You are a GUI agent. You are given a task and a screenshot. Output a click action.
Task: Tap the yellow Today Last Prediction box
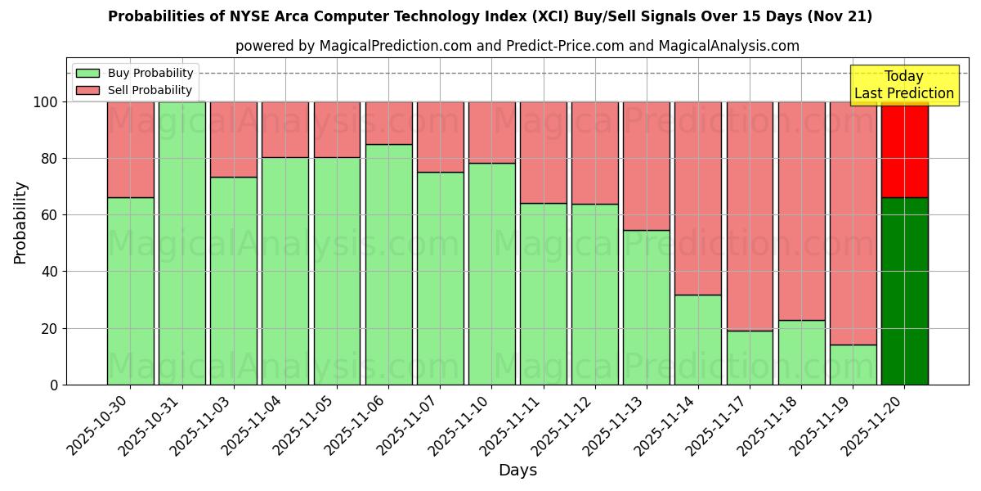coord(903,85)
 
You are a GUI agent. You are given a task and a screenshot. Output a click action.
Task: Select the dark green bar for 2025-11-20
coord(904,291)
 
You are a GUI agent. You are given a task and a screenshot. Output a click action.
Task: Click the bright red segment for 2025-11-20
coord(904,149)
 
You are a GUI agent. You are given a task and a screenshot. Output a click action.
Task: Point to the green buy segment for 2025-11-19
coord(853,364)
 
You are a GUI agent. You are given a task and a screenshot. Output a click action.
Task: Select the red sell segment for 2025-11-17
coord(750,216)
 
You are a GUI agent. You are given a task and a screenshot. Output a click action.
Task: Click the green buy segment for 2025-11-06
coord(388,264)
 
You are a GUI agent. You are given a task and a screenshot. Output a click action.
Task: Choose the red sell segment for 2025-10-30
coord(131,149)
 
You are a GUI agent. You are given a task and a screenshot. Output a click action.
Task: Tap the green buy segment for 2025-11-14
coord(698,339)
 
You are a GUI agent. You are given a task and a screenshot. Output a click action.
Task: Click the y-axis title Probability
coord(20,223)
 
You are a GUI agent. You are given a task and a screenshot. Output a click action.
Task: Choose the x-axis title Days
coord(517,471)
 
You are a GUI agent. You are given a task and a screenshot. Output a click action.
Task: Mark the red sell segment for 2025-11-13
coord(646,165)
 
